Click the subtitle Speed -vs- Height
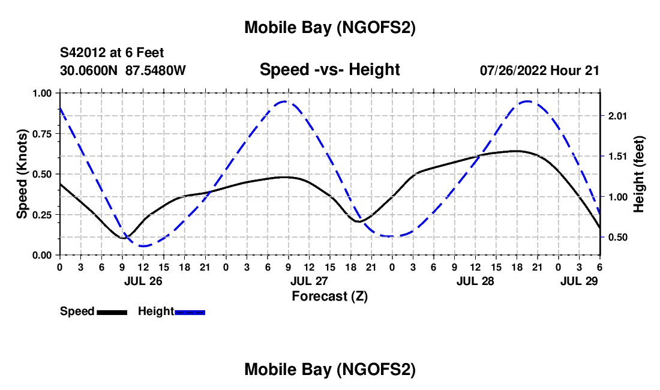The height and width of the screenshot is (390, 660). [x=329, y=70]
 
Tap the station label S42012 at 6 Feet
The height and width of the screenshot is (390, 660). [x=112, y=53]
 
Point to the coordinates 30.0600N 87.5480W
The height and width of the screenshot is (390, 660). [x=123, y=70]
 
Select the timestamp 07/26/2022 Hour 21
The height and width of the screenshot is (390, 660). [x=539, y=70]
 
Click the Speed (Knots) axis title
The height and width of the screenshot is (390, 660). [x=22, y=174]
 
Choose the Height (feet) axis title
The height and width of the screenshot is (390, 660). [x=638, y=174]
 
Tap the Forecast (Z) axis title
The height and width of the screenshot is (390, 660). [x=329, y=296]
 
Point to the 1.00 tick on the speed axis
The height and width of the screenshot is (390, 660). [x=42, y=93]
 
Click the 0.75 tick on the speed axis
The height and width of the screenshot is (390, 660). [x=42, y=134]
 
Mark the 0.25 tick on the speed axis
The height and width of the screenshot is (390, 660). [x=42, y=215]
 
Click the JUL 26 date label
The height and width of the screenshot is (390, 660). [x=143, y=280]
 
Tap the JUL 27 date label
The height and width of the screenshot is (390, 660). [x=310, y=280]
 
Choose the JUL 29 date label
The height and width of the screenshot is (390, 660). [x=579, y=280]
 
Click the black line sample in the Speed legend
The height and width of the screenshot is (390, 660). [x=111, y=312]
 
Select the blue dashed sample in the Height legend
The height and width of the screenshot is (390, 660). [x=190, y=312]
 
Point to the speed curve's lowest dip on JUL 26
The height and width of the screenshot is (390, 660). [x=123, y=238]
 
